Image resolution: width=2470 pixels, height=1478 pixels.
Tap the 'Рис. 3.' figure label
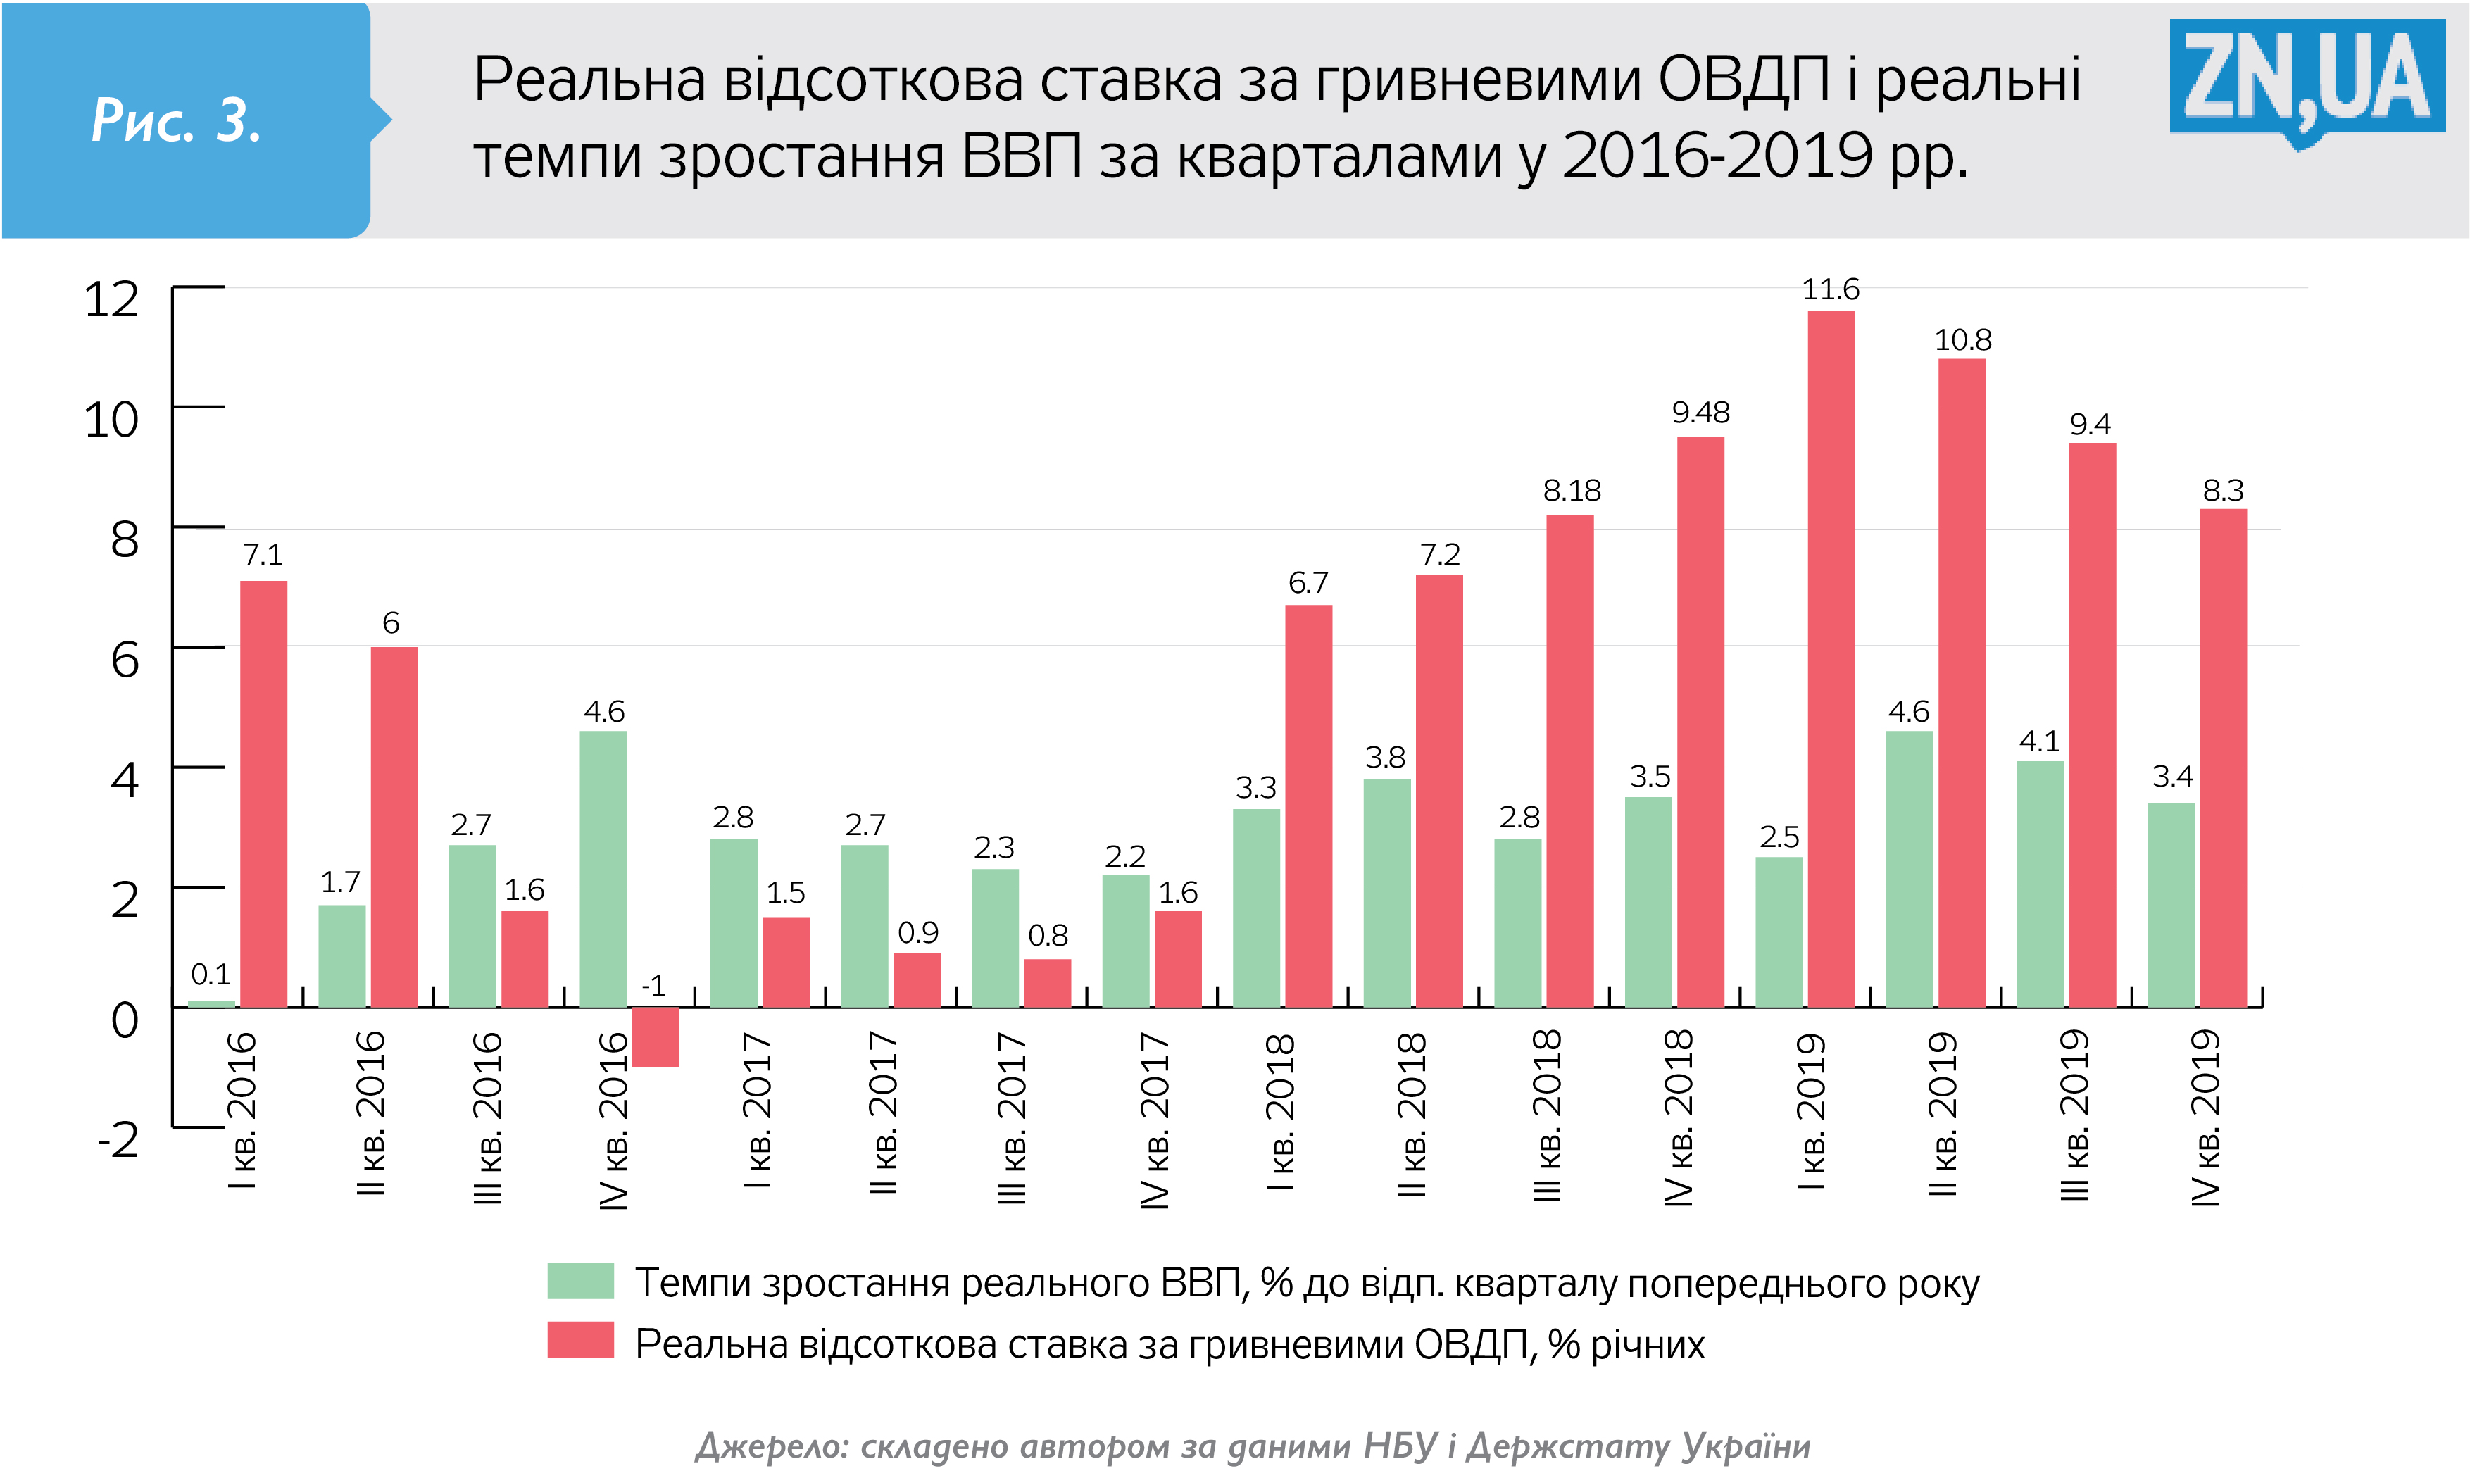pos(176,120)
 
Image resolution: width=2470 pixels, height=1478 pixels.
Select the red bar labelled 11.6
pos(1830,658)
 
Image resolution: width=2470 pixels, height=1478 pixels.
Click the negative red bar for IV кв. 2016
pos(655,1037)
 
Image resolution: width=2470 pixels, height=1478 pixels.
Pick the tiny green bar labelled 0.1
pos(211,1003)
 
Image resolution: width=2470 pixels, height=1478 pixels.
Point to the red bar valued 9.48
pos(1700,721)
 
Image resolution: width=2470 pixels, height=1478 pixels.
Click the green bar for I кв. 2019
pos(1778,931)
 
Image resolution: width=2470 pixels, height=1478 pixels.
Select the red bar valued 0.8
pos(1046,982)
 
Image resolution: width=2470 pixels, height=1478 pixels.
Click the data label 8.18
pos(1571,491)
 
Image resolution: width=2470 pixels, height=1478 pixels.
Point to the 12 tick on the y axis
pos(111,299)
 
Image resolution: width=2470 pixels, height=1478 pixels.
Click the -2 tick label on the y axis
pos(118,1139)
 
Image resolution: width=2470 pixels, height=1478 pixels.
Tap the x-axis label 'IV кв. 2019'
pos(2205,1117)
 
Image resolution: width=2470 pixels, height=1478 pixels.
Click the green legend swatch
pos(579,1281)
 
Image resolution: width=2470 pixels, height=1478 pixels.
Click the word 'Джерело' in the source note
pos(770,1445)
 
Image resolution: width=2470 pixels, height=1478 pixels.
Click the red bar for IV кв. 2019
pos(2222,757)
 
